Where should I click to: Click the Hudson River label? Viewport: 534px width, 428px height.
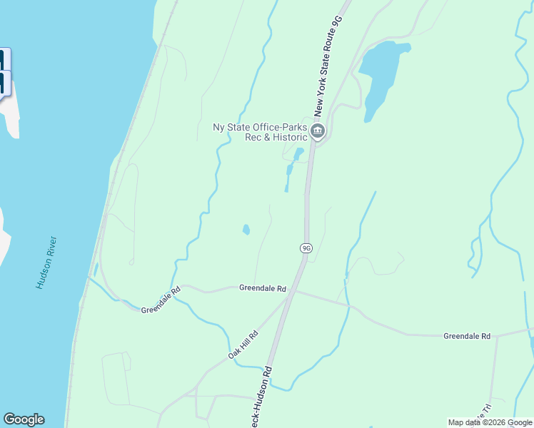click(x=47, y=263)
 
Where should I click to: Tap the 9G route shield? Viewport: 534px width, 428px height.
click(x=306, y=248)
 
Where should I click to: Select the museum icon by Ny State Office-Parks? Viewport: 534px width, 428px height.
click(x=318, y=131)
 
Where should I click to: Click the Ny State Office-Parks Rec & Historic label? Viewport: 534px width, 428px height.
click(x=261, y=132)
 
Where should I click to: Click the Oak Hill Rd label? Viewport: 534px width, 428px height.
click(x=243, y=345)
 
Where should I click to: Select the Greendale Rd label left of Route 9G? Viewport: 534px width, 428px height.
click(x=262, y=288)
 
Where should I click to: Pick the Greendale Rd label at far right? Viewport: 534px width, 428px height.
click(x=467, y=335)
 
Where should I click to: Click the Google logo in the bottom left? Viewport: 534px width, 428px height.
click(x=24, y=419)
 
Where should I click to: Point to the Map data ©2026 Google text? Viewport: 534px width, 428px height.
click(x=490, y=422)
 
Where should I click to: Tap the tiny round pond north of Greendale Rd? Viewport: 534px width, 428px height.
click(x=246, y=230)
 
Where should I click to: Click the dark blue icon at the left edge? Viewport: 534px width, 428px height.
click(x=5, y=71)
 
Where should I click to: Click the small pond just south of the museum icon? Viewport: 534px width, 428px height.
click(x=298, y=153)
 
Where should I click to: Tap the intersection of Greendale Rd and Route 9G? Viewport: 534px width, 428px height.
click(x=294, y=290)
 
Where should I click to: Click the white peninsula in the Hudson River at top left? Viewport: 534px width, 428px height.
click(x=14, y=114)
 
